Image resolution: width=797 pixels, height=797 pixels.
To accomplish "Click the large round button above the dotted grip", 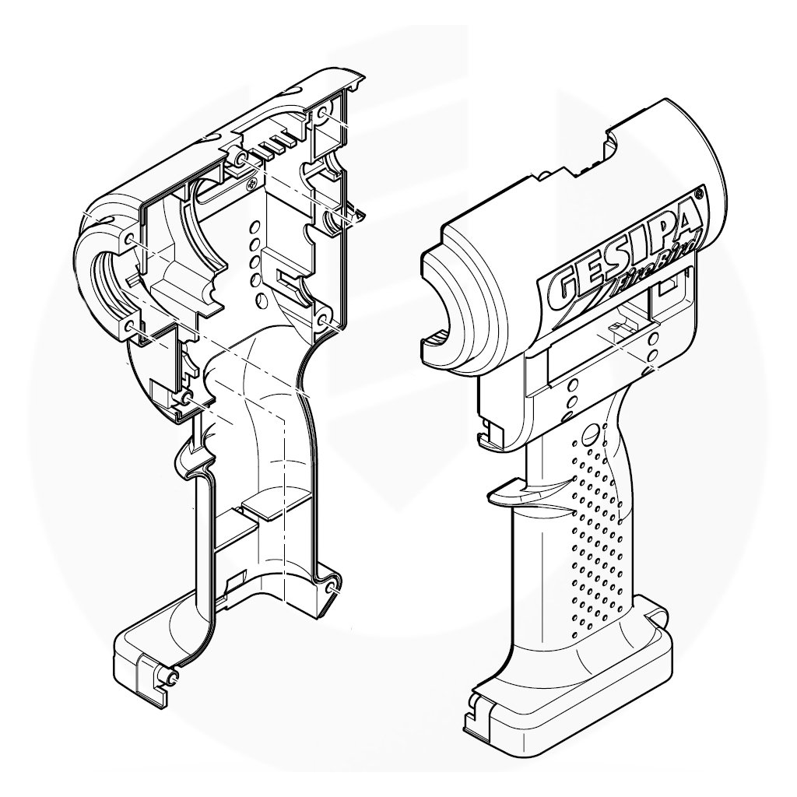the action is pyautogui.click(x=591, y=433).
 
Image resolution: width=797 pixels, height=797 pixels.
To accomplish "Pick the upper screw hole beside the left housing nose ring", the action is pyautogui.click(x=128, y=238).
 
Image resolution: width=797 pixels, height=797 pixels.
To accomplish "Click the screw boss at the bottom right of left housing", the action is pyautogui.click(x=332, y=588).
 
